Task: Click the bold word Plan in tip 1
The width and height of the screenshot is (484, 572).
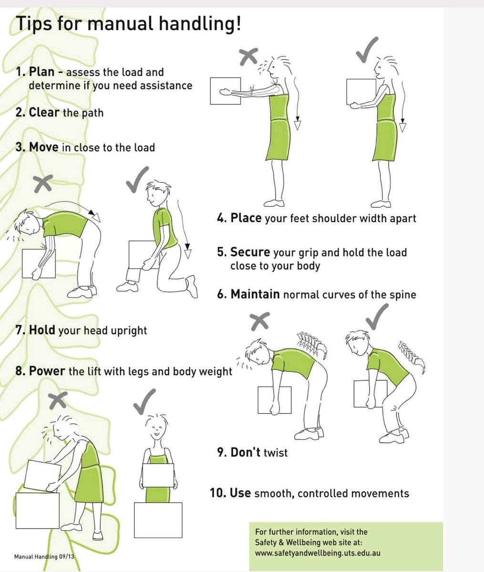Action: click(x=42, y=72)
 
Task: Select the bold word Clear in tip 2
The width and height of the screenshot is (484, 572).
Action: click(x=44, y=112)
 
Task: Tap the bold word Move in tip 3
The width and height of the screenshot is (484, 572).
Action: click(x=44, y=147)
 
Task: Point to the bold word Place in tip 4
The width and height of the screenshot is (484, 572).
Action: click(x=246, y=218)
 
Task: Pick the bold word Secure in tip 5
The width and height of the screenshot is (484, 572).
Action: click(x=250, y=252)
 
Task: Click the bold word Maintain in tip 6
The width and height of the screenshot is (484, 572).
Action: click(x=255, y=294)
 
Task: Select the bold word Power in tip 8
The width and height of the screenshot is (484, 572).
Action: click(x=47, y=371)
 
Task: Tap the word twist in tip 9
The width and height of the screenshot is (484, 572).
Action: click(x=276, y=453)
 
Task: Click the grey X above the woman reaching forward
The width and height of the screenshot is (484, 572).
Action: click(x=248, y=56)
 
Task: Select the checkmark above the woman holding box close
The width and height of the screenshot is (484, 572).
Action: click(x=367, y=50)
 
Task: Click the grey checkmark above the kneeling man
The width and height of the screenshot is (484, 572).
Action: click(x=137, y=180)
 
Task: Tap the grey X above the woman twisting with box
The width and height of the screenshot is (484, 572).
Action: click(x=58, y=400)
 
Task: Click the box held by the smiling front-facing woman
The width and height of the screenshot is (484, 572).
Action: click(x=158, y=475)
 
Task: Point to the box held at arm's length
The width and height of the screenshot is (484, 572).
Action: click(x=225, y=91)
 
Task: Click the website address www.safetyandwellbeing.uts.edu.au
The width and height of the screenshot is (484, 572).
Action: click(x=318, y=553)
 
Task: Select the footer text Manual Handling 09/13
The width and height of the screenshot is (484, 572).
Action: click(x=44, y=556)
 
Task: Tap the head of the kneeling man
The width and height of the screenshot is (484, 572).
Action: click(x=157, y=193)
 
